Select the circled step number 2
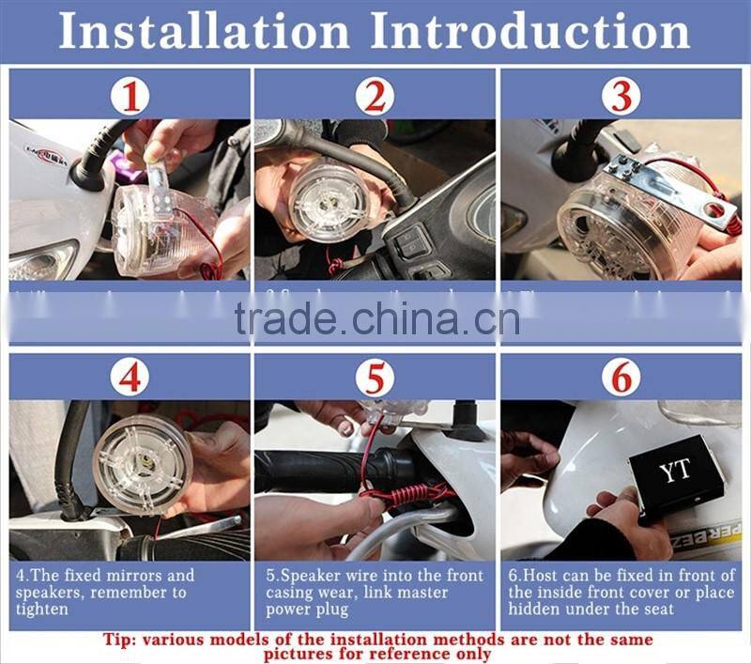click(x=375, y=96)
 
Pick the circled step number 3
click(x=621, y=96)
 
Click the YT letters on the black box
click(x=674, y=471)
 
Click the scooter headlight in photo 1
click(x=42, y=260)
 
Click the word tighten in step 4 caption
click(x=43, y=610)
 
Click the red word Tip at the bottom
click(x=122, y=640)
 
